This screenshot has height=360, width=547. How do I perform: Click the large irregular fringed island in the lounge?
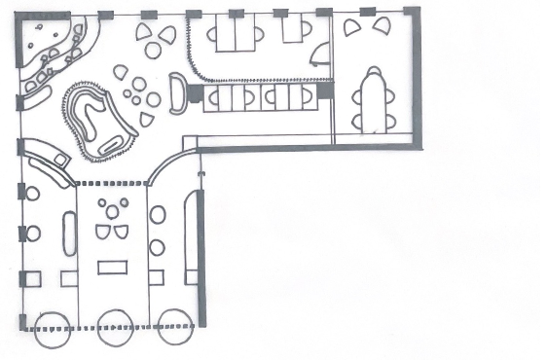(x=97, y=119)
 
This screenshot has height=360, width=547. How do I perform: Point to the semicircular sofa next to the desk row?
(x=178, y=94)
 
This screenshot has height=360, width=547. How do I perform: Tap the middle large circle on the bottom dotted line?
(x=116, y=327)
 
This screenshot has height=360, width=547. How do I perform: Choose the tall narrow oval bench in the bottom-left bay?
(x=69, y=233)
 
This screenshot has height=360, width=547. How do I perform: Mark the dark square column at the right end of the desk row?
(x=325, y=90)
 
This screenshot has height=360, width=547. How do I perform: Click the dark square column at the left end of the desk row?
(x=195, y=93)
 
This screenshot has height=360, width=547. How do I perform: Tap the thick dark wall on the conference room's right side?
(x=419, y=78)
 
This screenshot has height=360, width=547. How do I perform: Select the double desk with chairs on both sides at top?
(x=235, y=35)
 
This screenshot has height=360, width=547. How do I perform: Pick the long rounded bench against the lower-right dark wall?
(x=191, y=237)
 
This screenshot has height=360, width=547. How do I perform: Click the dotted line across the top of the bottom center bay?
(x=112, y=183)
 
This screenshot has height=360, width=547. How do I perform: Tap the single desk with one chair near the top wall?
(x=291, y=30)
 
